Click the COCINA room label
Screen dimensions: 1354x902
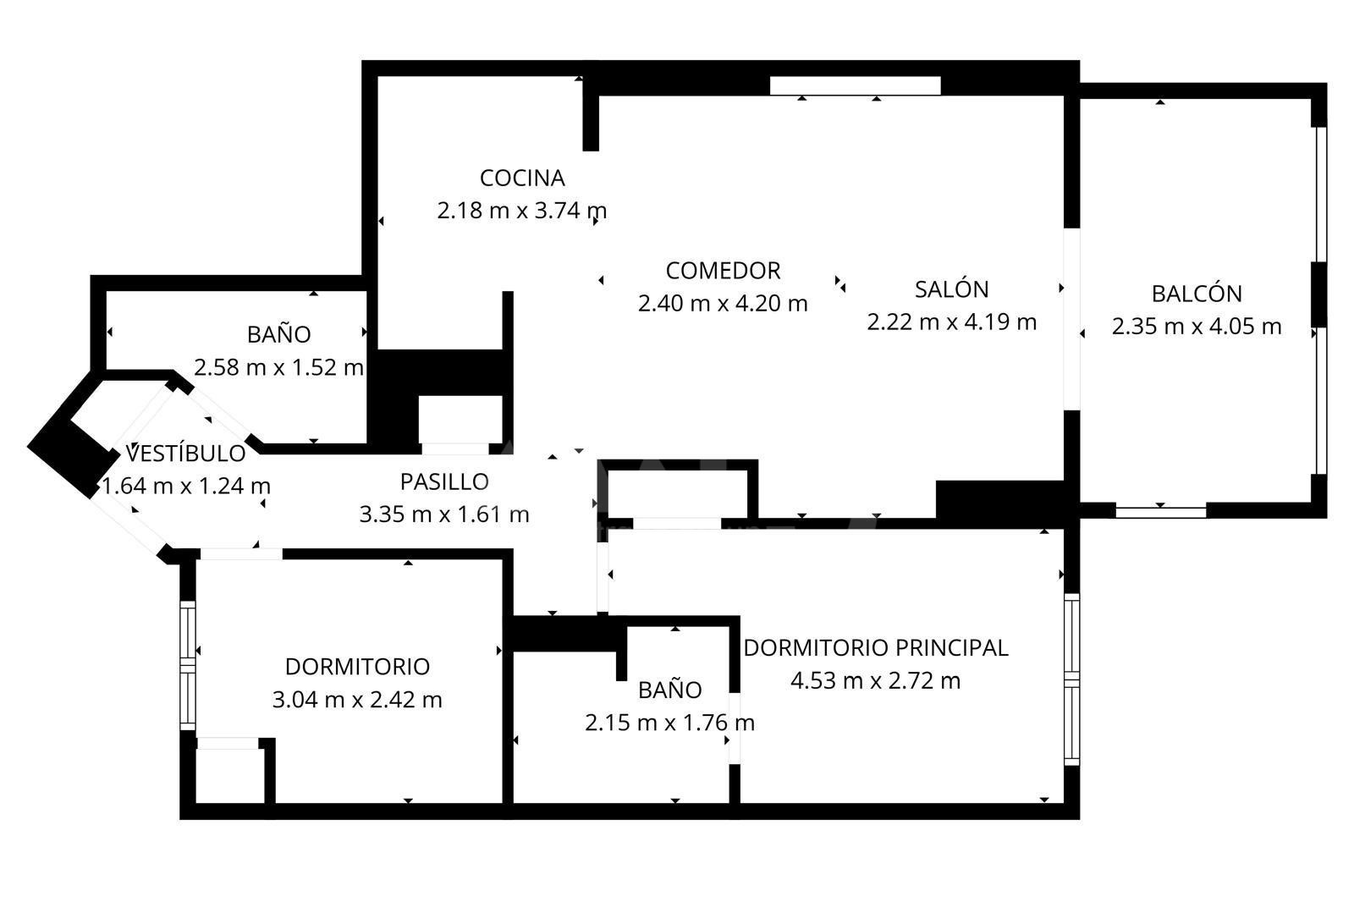point(522,179)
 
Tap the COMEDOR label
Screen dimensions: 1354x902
point(723,271)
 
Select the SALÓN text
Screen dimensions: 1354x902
point(951,289)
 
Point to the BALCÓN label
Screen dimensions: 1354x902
point(1197,294)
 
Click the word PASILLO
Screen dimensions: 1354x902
point(444,481)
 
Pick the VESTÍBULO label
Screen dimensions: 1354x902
point(185,453)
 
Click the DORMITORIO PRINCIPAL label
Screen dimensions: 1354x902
point(875,648)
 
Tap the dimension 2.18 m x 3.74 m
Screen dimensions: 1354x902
point(521,211)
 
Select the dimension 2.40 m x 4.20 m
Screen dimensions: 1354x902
point(723,304)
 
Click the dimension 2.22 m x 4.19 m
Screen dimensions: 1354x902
point(951,322)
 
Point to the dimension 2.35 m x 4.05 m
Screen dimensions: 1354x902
point(1197,327)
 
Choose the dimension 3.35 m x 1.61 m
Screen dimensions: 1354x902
point(444,514)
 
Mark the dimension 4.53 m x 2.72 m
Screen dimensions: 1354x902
point(875,681)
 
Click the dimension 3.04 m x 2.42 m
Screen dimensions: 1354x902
point(357,700)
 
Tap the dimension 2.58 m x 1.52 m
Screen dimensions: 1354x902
point(278,367)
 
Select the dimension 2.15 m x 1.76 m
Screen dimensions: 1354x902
point(669,723)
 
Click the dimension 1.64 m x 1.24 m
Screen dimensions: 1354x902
point(185,486)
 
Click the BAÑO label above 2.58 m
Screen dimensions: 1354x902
point(278,333)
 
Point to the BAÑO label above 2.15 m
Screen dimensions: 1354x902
point(669,690)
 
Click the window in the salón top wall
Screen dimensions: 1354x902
point(855,85)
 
